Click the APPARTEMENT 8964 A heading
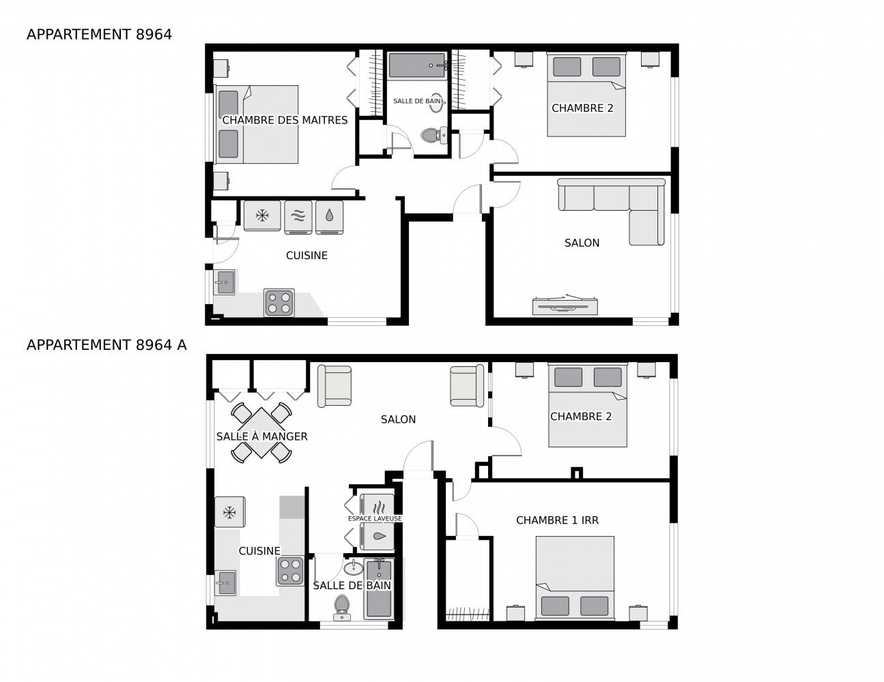106,345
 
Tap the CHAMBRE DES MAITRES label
285,121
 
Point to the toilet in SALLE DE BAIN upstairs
431,135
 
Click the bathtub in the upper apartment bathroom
417,67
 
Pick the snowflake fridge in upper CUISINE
263,216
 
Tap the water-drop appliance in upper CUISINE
330,216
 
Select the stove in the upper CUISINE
279,303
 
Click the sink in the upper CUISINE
224,281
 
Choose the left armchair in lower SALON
335,385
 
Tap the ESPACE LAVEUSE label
375,519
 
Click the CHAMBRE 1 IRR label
557,520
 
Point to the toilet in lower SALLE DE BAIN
341,606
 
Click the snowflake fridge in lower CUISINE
230,512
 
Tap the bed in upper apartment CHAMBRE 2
586,95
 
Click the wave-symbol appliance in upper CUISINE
297,216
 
